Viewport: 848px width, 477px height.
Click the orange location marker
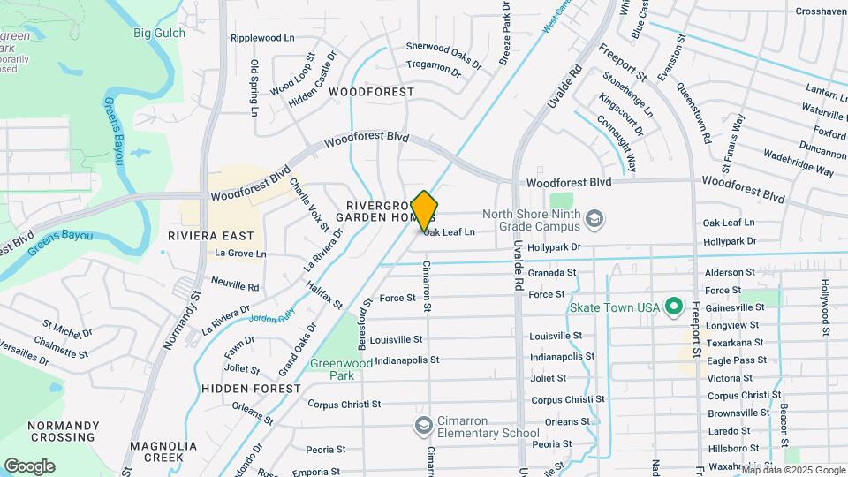point(424,211)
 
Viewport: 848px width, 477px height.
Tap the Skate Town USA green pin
point(673,307)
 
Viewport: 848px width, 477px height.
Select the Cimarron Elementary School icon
point(423,427)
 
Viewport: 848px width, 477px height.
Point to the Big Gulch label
point(159,34)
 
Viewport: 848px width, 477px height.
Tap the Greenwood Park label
point(341,368)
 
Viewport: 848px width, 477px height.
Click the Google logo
point(29,466)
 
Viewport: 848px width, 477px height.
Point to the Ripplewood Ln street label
point(261,38)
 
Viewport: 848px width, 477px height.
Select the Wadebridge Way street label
point(798,163)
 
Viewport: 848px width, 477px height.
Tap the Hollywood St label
point(827,308)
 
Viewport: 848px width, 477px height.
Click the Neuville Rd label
point(235,286)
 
